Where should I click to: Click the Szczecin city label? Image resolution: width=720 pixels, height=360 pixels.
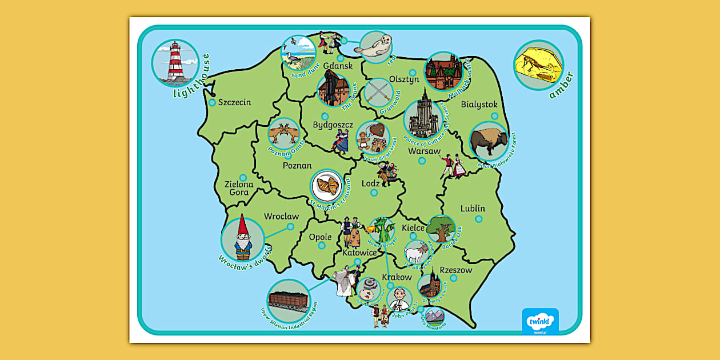(235, 102)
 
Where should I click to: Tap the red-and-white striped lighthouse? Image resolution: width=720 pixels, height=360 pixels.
(175, 62)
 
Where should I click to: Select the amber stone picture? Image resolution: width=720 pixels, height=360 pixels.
(538, 65)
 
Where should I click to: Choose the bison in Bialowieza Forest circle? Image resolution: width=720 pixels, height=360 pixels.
(489, 141)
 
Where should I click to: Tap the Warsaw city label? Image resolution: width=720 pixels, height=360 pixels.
(424, 151)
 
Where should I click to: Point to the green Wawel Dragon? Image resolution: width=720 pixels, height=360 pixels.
(382, 230)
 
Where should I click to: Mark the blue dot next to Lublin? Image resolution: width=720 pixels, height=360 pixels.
(478, 219)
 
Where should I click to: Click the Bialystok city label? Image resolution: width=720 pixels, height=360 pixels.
(479, 105)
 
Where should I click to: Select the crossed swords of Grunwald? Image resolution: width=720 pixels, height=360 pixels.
(377, 91)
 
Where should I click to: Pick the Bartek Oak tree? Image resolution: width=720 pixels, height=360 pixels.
(441, 229)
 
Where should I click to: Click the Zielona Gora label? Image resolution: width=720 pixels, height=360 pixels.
(239, 189)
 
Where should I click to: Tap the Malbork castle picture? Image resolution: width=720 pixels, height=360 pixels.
(443, 71)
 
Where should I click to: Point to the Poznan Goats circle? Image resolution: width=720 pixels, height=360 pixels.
(284, 134)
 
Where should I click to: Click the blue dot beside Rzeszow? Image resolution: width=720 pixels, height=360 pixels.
(453, 278)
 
